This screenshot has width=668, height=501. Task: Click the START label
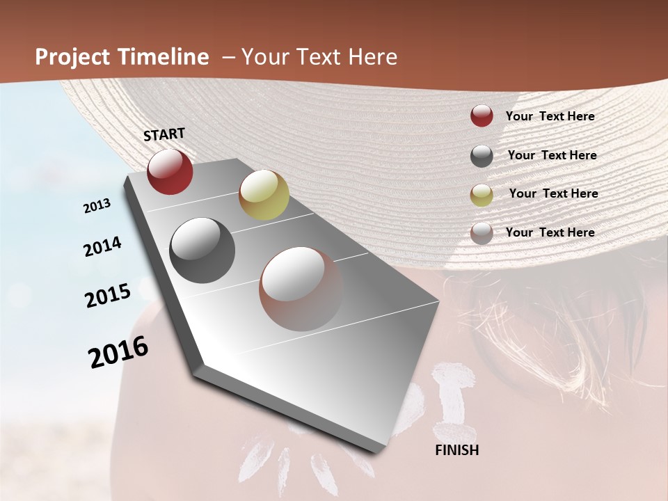click(x=164, y=134)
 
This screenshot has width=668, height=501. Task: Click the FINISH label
click(x=457, y=450)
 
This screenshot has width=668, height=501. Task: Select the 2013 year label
click(x=97, y=206)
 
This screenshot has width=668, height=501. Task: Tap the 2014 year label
click(x=102, y=246)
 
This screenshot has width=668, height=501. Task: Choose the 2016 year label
click(x=118, y=351)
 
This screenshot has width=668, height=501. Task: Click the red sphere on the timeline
click(x=170, y=171)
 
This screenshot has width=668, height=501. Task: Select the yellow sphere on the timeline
click(x=264, y=195)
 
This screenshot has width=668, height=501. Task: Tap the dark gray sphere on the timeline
click(x=202, y=250)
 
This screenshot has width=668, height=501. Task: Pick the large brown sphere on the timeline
click(x=301, y=289)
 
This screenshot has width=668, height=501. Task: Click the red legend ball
click(x=482, y=116)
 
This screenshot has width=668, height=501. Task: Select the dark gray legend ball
click(x=482, y=156)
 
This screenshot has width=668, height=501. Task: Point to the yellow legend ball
click(x=482, y=195)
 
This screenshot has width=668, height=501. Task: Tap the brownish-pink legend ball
click(x=482, y=233)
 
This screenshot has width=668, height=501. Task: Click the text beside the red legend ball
click(x=550, y=116)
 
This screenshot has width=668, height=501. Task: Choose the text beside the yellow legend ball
click(x=554, y=193)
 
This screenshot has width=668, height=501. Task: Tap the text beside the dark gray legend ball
click(x=552, y=155)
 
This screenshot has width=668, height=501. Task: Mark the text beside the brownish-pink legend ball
click(x=550, y=232)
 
